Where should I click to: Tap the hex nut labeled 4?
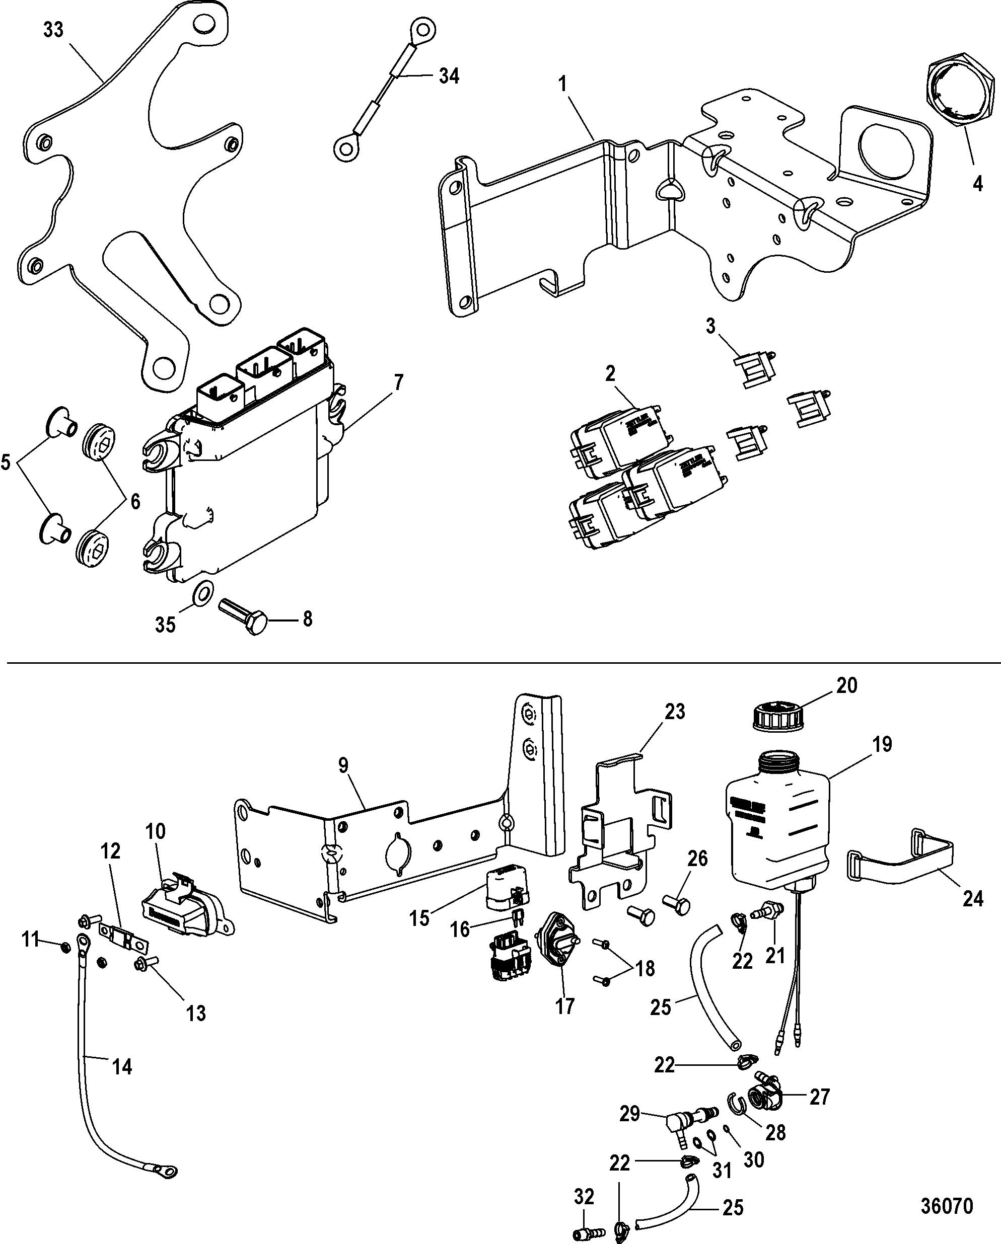click(x=961, y=92)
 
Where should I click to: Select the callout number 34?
click(x=449, y=75)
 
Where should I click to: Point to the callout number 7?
click(x=399, y=381)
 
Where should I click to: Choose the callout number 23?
click(x=674, y=712)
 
